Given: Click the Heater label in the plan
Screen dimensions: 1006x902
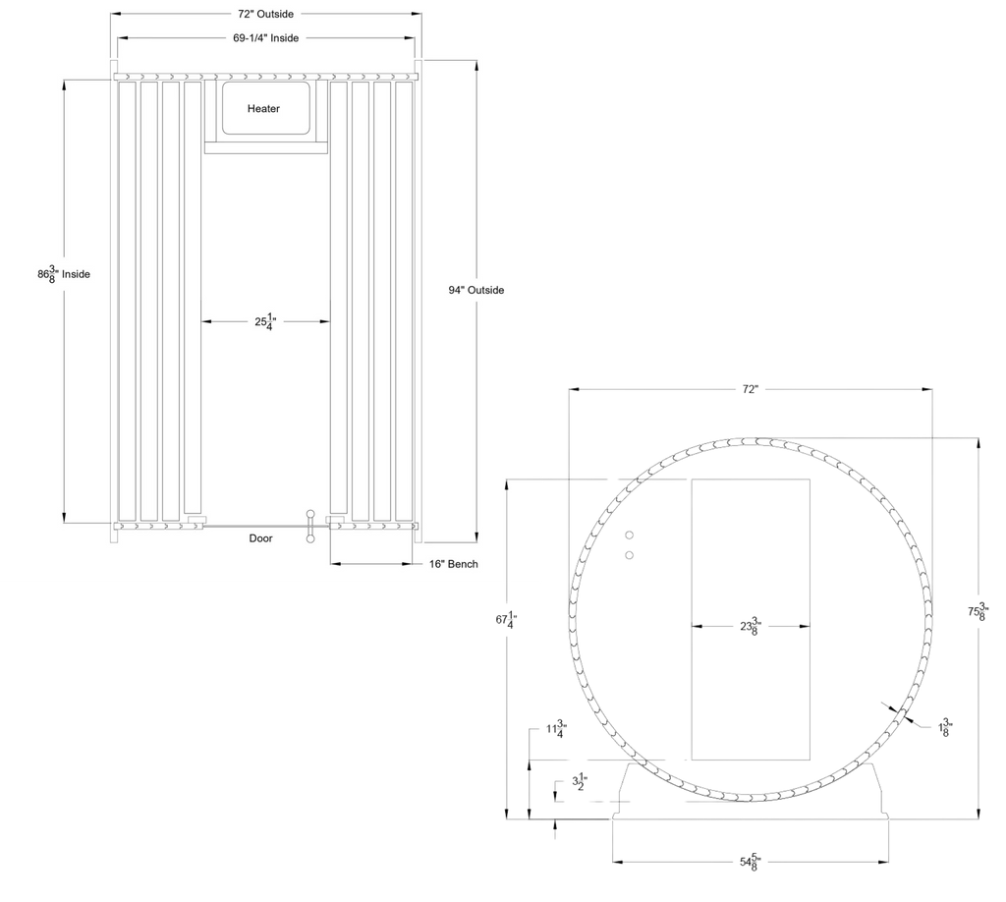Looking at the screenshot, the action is [x=263, y=108].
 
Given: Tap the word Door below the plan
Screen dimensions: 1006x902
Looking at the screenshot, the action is [x=260, y=538].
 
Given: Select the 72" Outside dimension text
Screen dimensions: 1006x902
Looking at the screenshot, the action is [x=265, y=14].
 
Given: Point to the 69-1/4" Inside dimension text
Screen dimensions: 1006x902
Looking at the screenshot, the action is [x=265, y=38].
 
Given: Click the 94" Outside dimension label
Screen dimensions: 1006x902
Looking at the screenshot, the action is [x=476, y=290].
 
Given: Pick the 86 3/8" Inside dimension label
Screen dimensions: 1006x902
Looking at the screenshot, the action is [x=64, y=274].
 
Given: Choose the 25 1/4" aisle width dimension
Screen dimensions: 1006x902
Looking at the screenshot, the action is [x=265, y=321].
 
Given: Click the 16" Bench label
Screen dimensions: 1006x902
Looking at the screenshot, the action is [x=454, y=564].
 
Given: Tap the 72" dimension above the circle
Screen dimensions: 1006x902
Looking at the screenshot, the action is [x=750, y=389].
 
